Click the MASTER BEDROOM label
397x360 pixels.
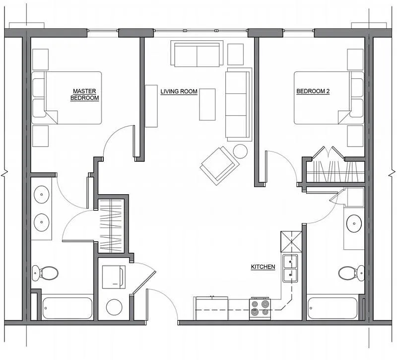coord(84,94)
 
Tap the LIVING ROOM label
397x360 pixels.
coord(179,91)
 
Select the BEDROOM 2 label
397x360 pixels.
coord(313,91)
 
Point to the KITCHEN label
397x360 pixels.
coord(263,267)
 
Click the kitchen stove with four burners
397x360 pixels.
coord(260,309)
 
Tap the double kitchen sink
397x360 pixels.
coord(290,268)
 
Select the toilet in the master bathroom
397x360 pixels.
coord(45,273)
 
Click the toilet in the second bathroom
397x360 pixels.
coord(351,273)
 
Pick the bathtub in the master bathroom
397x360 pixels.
coord(67,308)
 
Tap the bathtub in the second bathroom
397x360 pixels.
coord(332,308)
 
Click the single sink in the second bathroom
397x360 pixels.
coord(354,223)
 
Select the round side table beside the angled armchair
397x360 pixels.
coord(240,151)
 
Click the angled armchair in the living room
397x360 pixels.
coord(219,165)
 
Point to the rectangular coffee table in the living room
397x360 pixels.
coord(207,104)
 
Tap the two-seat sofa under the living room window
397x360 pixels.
coord(197,54)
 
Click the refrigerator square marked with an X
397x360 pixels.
coord(291,242)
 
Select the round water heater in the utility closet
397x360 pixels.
coord(114,307)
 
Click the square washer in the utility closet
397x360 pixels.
coord(114,277)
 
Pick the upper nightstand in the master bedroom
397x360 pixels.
coord(41,60)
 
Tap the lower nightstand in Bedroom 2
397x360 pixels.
coord(355,136)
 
